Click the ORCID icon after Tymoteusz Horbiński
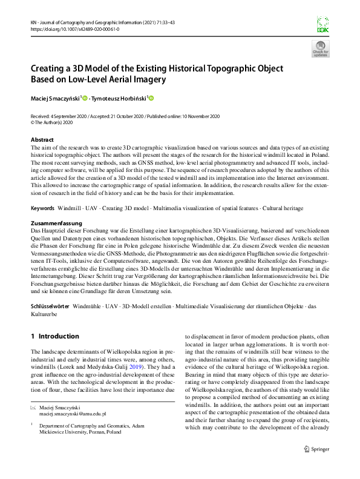tap(151, 97)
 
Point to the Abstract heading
tap(41, 140)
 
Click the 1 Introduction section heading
tap(54, 336)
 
